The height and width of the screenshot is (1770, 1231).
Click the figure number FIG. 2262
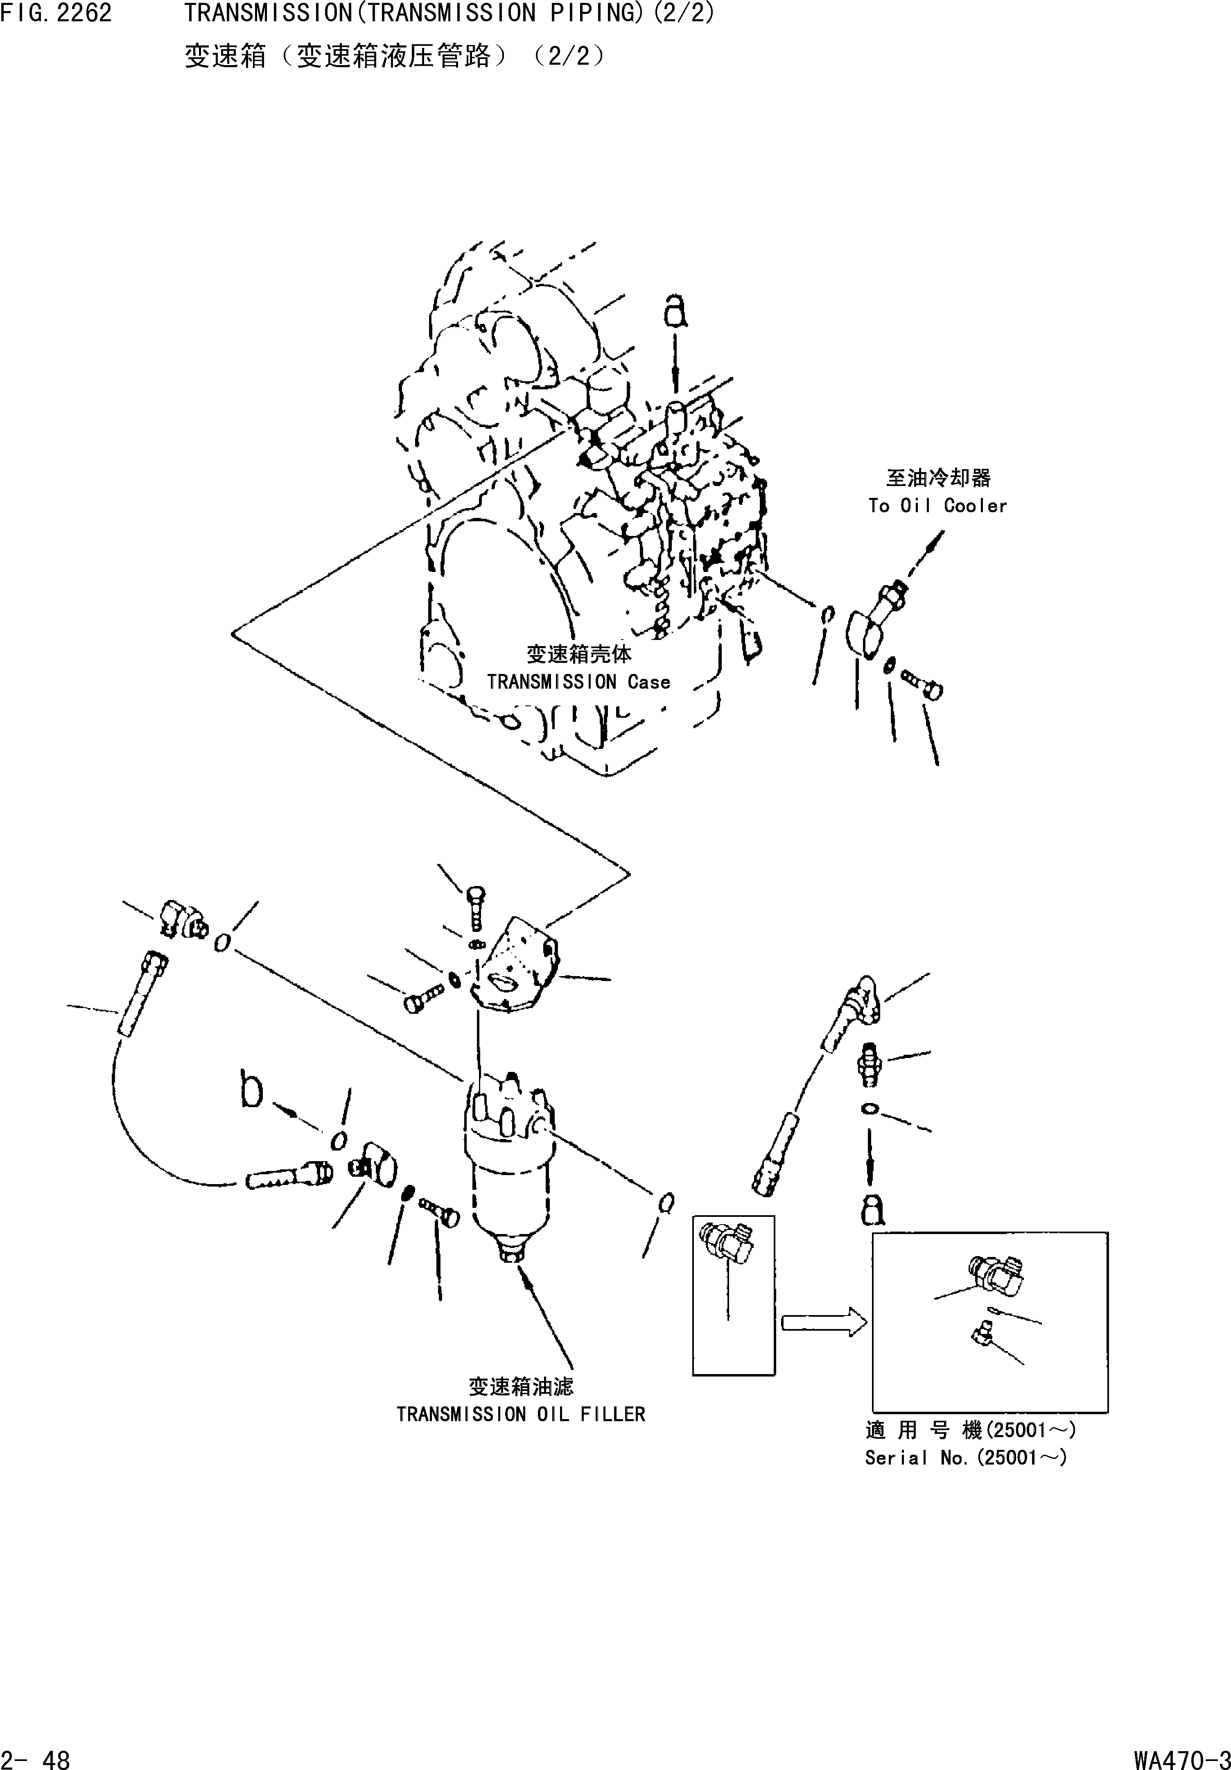coord(56,13)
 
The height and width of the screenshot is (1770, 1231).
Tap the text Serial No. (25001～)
coord(965,1457)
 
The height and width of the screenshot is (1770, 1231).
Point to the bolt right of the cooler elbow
coord(924,684)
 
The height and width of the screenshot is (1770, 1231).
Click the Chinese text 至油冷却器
coord(937,478)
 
